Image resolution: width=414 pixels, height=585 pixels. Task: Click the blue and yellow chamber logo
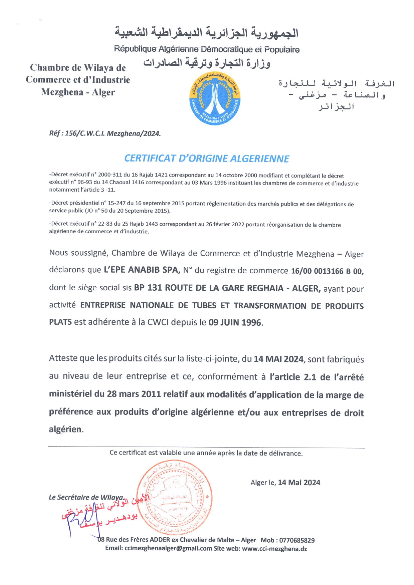coord(215,99)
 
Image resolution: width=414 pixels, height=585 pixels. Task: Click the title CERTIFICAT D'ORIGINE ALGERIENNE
coord(207,159)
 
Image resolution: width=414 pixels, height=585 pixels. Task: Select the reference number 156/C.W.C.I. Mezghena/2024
coord(113,133)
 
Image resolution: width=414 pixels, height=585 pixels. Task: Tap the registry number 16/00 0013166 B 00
coord(327,271)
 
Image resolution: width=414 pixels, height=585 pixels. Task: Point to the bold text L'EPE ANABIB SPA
coord(142,270)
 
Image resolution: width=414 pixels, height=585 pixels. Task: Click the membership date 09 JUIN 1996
coord(235,322)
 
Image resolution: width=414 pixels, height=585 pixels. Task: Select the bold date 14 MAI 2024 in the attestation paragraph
coord(278,359)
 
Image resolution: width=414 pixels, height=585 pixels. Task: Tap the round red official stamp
coord(175,497)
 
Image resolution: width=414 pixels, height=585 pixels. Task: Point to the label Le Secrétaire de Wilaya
coord(86,497)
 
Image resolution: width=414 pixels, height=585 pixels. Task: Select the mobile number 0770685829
coord(297,540)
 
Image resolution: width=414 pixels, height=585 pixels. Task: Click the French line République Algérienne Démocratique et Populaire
coord(207,49)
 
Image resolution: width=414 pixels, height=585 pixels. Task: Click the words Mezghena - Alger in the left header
coord(78,92)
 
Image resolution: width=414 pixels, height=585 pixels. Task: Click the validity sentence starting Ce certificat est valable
coord(206,453)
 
